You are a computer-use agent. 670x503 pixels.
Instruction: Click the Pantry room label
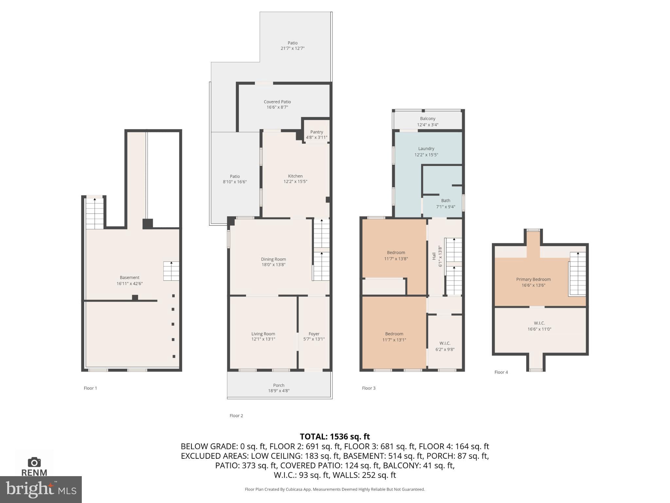pos(316,132)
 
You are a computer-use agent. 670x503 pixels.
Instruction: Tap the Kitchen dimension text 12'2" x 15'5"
pos(295,181)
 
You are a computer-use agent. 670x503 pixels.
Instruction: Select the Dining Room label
pos(273,259)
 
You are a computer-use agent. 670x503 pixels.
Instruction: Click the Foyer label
pos(314,334)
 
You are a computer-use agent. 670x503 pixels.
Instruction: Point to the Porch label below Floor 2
pos(279,385)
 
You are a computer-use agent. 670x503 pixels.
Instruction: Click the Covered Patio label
pos(277,102)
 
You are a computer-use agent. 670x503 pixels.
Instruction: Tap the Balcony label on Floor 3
pos(428,119)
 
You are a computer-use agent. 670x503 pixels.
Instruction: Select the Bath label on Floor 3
pos(445,200)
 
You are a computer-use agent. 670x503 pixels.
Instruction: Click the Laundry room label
pos(426,148)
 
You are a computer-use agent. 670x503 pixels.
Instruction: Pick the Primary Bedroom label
pos(533,279)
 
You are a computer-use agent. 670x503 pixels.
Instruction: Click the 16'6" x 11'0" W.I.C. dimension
pos(539,329)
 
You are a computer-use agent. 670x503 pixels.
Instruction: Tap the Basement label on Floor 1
pos(130,277)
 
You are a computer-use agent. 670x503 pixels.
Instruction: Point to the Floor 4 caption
pos(501,372)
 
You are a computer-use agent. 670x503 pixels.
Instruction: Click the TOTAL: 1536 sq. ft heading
pos(335,437)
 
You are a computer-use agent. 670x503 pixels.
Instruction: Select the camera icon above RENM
pos(34,462)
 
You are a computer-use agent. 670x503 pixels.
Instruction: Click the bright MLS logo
pos(41,490)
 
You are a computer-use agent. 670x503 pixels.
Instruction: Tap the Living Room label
pos(263,334)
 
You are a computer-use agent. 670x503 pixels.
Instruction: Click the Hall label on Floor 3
pos(434,256)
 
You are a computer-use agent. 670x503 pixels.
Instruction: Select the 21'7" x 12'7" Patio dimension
pos(292,48)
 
